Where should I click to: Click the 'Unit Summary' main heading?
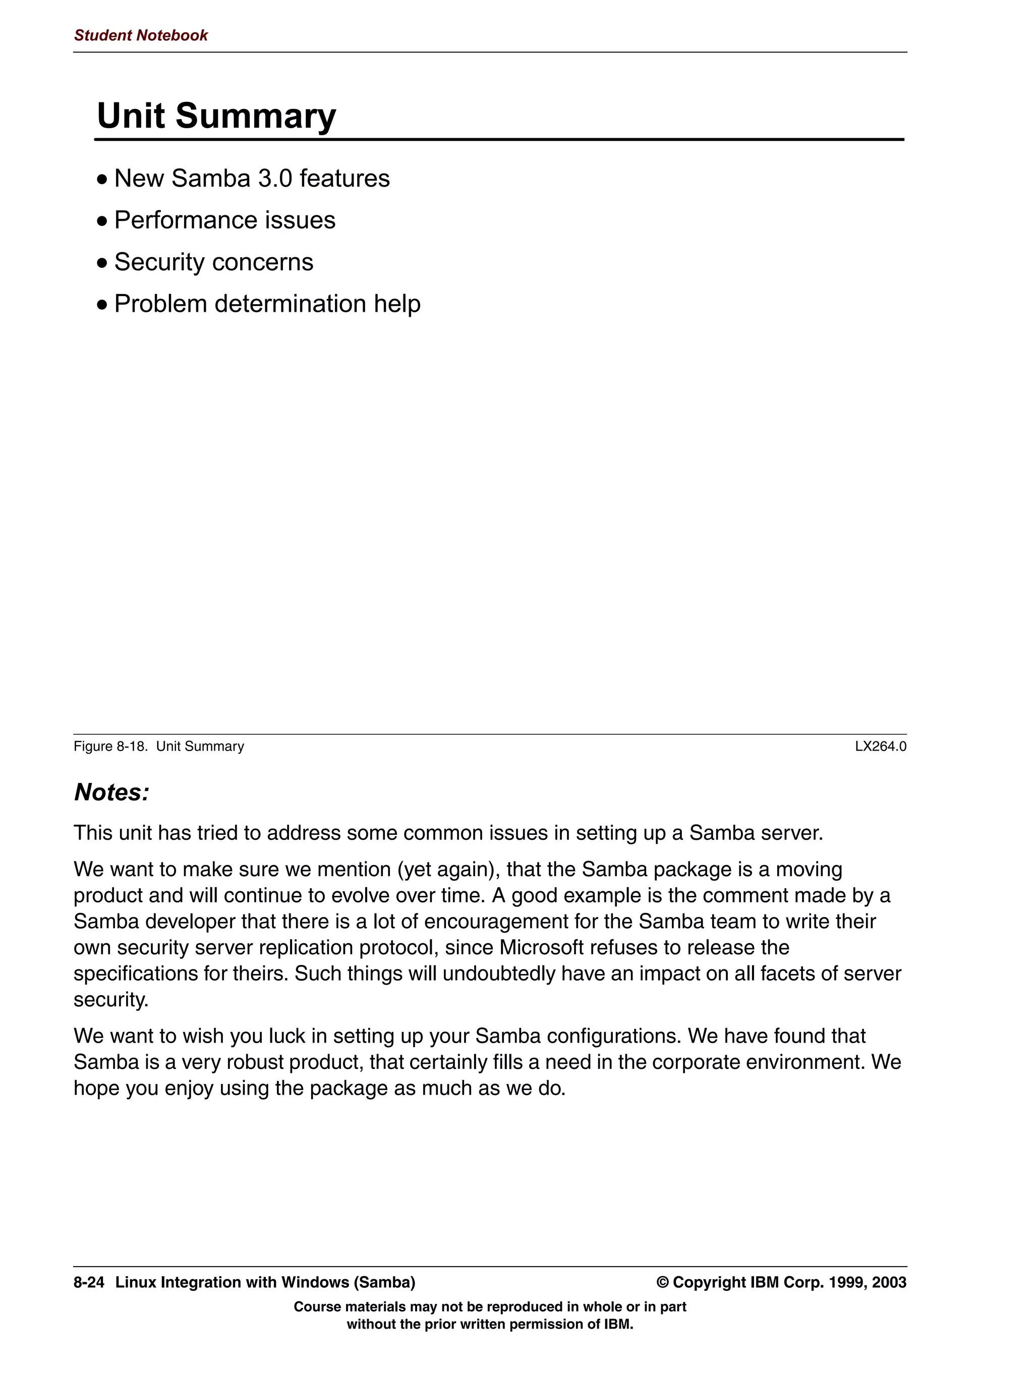coord(216,116)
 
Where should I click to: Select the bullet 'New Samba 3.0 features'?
coord(252,179)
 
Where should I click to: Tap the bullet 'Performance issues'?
coord(224,220)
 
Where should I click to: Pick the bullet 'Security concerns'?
coord(213,262)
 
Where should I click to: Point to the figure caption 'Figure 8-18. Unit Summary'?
coord(158,746)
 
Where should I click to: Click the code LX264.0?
coord(880,746)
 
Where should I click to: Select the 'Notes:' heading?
coord(111,792)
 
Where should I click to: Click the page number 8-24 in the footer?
coord(89,1282)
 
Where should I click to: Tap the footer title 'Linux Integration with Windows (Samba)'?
coord(265,1282)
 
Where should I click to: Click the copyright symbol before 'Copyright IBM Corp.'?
coord(663,1282)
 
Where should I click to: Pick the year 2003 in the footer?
coord(889,1282)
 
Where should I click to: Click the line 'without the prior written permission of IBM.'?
coord(490,1324)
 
